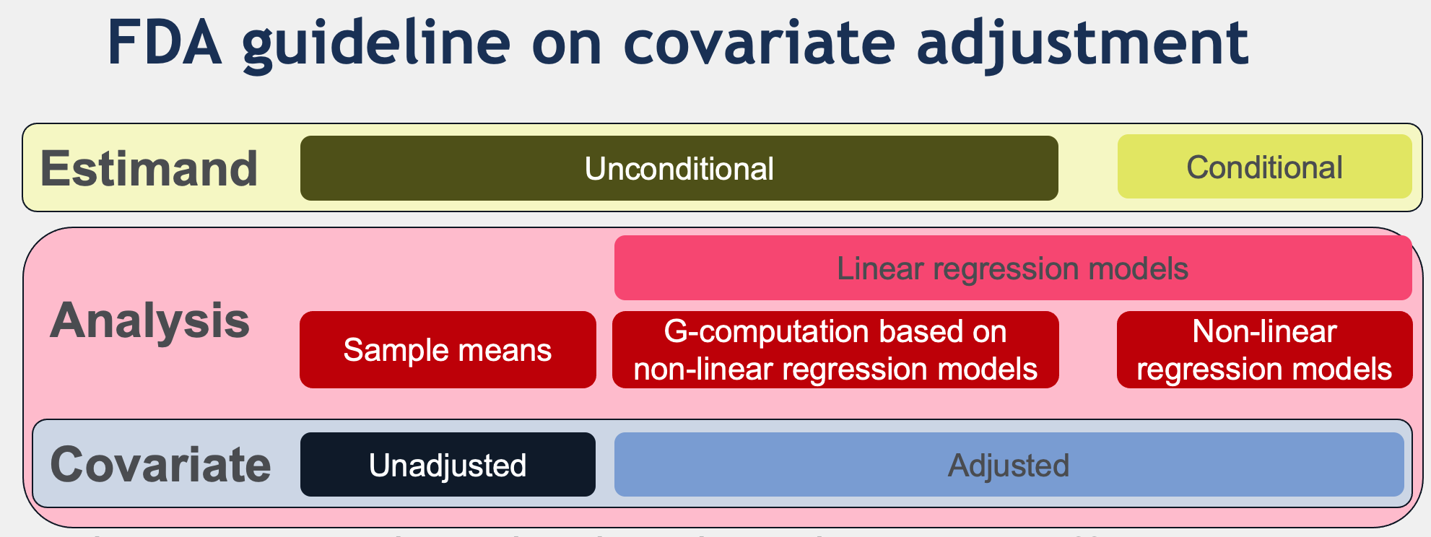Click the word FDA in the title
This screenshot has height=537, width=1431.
coord(165,43)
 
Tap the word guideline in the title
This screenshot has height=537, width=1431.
coord(377,45)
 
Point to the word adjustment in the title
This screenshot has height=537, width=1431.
coord(1082,45)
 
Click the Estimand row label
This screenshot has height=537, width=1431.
coord(149,168)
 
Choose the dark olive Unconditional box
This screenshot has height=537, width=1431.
coord(679,168)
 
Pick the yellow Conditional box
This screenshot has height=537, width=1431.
coord(1264,167)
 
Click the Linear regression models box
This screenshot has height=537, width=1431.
coord(1013,268)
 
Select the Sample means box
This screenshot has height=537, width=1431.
coord(448,350)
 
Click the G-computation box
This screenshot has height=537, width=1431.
coord(835,350)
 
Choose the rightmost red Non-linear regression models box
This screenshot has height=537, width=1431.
coord(1264,350)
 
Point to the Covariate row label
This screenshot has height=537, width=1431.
coord(160,464)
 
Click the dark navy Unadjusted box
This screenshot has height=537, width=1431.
coord(448,464)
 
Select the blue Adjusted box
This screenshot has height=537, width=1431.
coord(1009,464)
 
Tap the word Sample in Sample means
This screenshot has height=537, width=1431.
coord(396,351)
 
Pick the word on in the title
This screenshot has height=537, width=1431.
coord(567,48)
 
